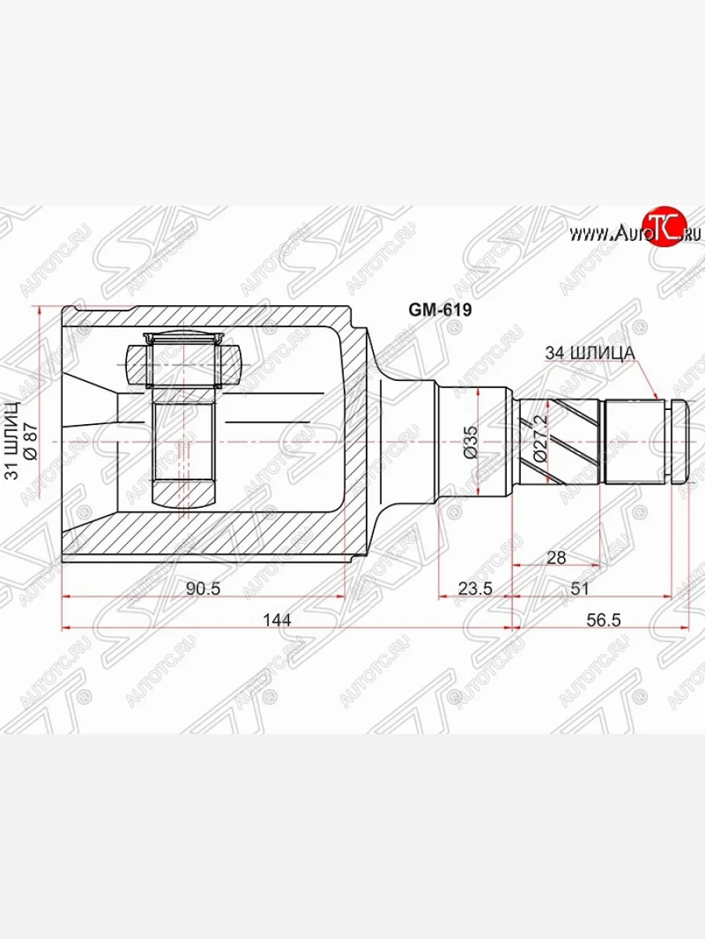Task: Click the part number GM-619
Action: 439,310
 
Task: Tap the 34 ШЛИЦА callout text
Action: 588,354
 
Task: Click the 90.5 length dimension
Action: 204,588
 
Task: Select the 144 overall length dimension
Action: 277,620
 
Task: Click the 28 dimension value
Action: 557,556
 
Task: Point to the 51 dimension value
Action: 580,588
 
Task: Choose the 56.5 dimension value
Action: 603,620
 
